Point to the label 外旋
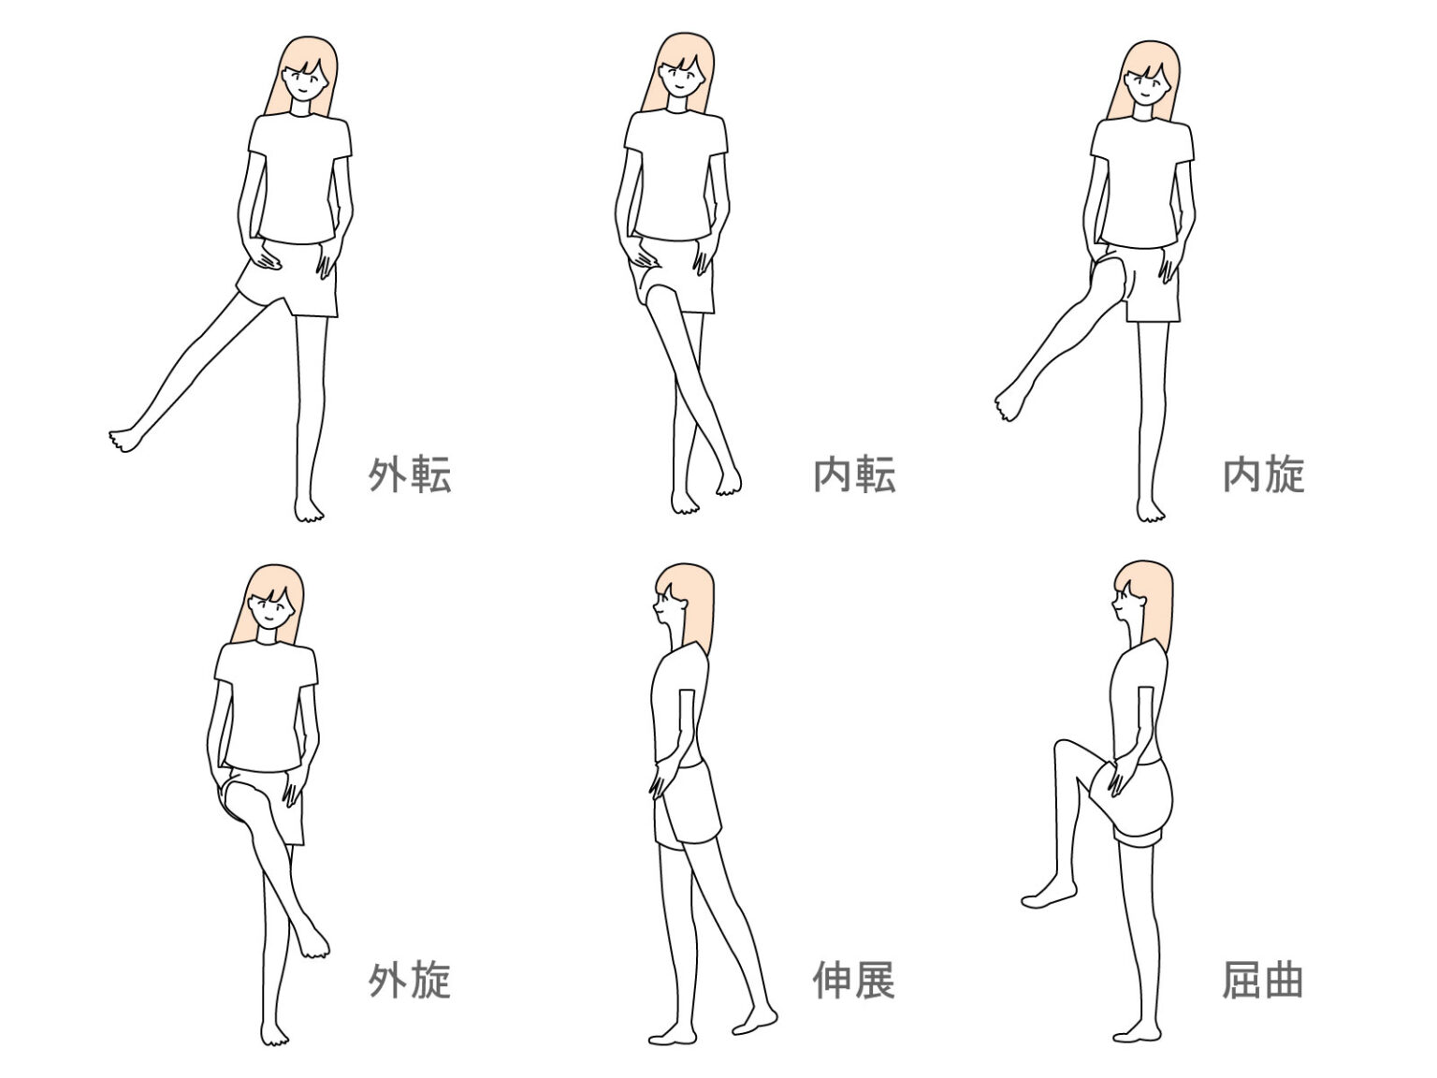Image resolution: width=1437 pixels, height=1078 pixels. tap(410, 980)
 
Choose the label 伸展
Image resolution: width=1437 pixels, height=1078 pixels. tap(854, 980)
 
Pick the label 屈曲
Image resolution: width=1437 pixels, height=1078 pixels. tap(1262, 980)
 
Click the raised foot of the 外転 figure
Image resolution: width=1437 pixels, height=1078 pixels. tap(126, 439)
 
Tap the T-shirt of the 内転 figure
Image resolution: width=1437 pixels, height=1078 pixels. tap(675, 173)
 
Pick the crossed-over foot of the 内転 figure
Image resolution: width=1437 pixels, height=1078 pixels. tap(728, 481)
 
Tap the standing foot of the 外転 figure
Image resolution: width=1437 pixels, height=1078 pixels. tap(309, 509)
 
